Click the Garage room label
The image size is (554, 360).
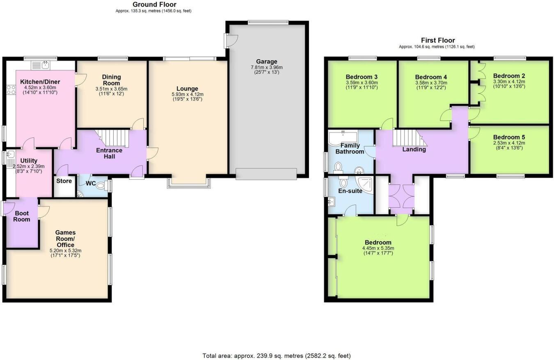[x=267, y=62]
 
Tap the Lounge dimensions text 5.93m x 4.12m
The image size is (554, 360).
[x=187, y=94]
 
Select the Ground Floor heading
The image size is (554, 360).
[x=154, y=5]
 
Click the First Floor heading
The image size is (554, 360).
[x=438, y=40]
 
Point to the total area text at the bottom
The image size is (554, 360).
[x=277, y=355]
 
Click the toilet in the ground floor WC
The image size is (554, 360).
[x=100, y=185]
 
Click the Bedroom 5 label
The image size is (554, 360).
[x=509, y=137]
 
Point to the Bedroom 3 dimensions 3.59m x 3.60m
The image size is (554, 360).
[x=362, y=83]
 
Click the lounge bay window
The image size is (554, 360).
[x=189, y=183]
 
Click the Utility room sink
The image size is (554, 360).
[x=11, y=155]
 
